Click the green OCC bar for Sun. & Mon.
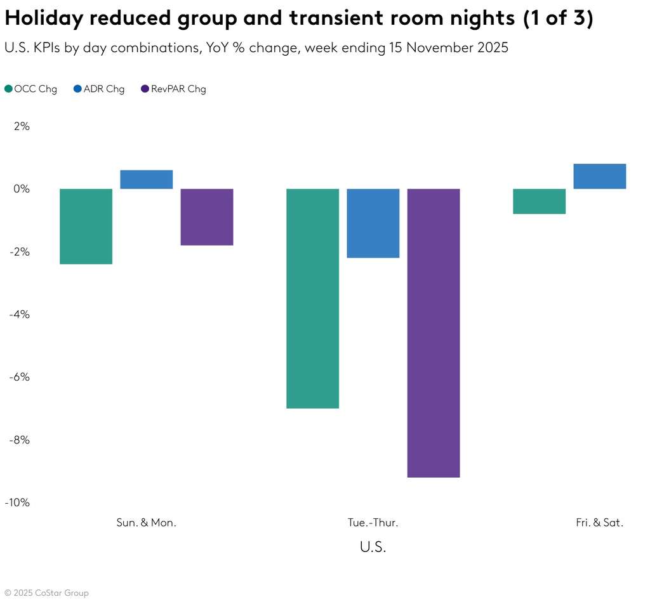86,226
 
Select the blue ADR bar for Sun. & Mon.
147,180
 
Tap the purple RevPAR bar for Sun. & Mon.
207,217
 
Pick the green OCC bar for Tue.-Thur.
312,298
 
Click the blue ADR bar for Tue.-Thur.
373,223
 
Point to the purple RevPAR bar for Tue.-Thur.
434,332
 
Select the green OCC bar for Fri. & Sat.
539,201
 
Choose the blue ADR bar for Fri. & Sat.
600,176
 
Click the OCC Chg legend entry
31,89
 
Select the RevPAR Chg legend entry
173,89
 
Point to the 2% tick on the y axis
22,126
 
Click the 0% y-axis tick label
22,189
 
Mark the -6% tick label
20,377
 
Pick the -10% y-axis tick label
18,502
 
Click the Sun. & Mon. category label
147,523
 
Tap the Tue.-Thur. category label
373,523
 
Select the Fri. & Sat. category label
600,523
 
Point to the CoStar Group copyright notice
46,593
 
